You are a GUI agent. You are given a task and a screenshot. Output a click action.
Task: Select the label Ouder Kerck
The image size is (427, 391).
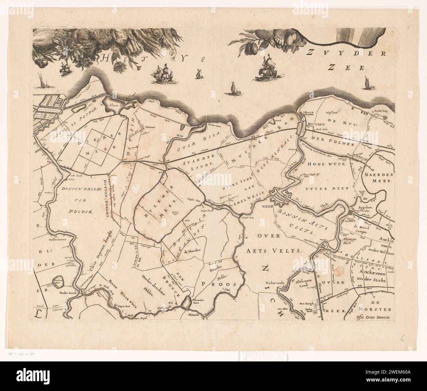[x=69, y=292]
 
